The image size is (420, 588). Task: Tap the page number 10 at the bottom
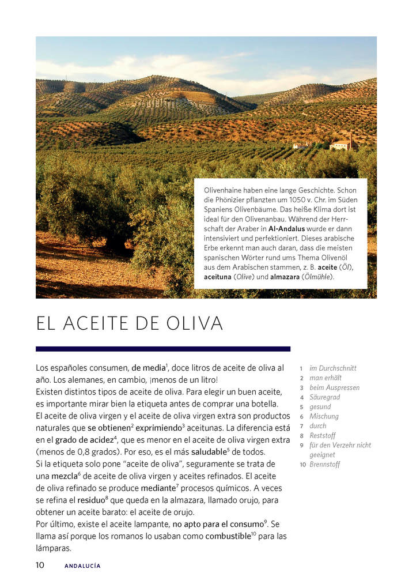coord(40,565)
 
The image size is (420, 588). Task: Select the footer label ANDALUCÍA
coord(82,566)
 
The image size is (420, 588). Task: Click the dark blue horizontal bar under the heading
coord(163,349)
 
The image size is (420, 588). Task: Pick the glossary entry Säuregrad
coord(325,397)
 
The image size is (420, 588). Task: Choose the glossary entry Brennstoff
coord(325,465)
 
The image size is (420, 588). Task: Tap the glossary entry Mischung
coord(324,416)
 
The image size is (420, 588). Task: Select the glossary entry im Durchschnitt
coord(333,368)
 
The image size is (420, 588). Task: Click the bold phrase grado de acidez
coord(83,440)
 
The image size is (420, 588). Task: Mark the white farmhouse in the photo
coord(339,145)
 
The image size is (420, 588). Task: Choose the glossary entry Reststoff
coord(323,436)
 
